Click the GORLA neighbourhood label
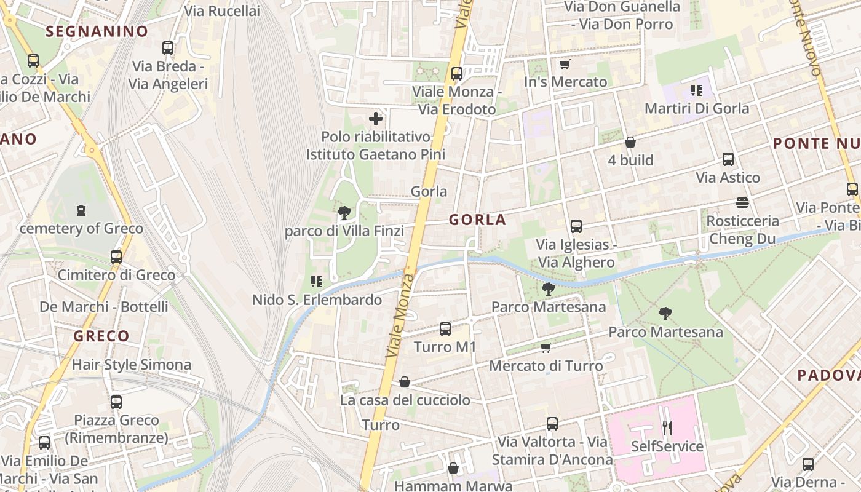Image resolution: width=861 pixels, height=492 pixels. point(477,220)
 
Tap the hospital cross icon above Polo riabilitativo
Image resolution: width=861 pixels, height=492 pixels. point(376,119)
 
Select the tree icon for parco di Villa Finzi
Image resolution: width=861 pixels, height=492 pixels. point(344,213)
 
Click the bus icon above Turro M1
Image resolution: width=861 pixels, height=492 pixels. point(445,329)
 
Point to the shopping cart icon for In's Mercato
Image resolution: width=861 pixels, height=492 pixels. point(565,64)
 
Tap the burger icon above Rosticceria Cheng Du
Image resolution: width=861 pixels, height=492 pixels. point(742,203)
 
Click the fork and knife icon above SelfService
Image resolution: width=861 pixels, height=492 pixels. point(667,427)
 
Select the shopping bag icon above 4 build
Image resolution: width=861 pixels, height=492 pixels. point(630,143)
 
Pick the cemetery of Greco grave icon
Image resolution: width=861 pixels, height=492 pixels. point(81,211)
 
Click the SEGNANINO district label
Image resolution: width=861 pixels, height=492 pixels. point(97,31)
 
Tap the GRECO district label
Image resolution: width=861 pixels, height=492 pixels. point(101,336)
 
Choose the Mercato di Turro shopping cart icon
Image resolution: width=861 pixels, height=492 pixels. point(546,348)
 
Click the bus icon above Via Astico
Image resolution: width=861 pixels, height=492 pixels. point(728,159)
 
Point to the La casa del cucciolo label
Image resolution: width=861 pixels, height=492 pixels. point(405,400)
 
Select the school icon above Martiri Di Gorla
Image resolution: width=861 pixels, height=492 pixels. point(696,90)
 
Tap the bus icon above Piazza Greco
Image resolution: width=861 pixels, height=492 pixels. point(116,402)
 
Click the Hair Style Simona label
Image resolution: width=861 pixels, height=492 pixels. point(132,365)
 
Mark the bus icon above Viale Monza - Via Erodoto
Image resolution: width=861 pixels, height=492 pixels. point(457,74)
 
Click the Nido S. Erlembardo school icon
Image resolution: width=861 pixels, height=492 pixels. point(317,282)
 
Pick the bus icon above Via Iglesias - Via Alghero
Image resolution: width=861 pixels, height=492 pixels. point(576,226)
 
